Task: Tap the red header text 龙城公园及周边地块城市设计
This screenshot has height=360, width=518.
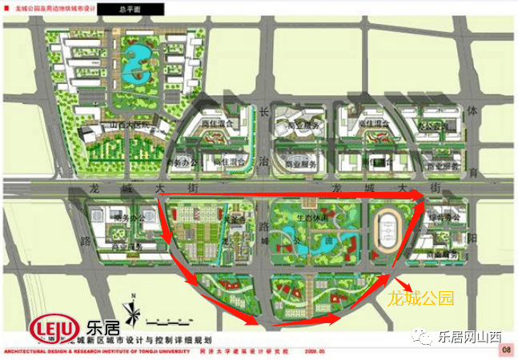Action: (x=57, y=8)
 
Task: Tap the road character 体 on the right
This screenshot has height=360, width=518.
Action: (x=473, y=112)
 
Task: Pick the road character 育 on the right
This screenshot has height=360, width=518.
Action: (x=473, y=170)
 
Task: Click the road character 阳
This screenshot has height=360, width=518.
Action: (x=473, y=237)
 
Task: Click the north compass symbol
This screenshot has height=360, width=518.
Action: (x=133, y=310)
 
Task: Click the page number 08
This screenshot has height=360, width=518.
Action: (x=506, y=350)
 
